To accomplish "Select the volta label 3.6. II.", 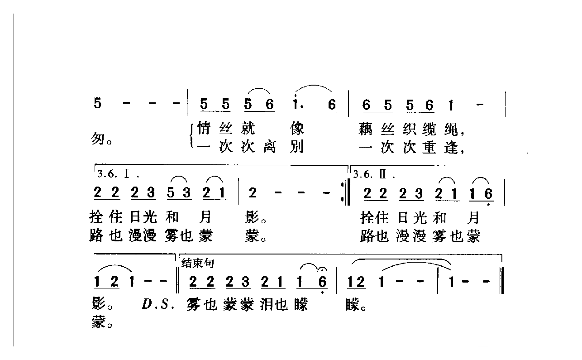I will pos(374,173).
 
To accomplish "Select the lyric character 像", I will pos(297,130).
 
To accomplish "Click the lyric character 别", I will pos(297,147).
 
